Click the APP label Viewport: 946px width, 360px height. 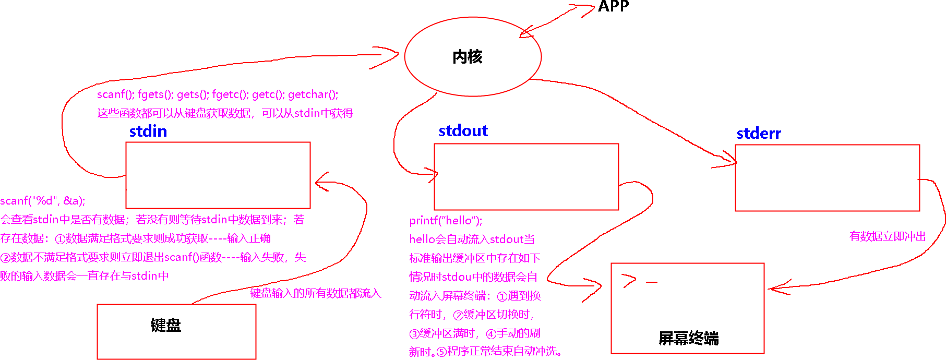point(613,6)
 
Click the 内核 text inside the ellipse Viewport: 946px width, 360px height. point(467,56)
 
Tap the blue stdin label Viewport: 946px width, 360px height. point(148,131)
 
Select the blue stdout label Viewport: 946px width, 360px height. point(463,130)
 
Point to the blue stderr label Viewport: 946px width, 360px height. point(758,134)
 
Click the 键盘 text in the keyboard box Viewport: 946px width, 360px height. point(165,325)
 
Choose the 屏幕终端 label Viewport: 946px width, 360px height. point(688,338)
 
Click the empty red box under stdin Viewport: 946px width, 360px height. point(218,175)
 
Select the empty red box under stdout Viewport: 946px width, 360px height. point(526,177)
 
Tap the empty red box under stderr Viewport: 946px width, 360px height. point(827,178)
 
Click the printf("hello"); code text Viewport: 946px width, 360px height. point(446,221)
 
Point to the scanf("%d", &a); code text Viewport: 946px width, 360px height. point(43,201)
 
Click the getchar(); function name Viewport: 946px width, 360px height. point(313,94)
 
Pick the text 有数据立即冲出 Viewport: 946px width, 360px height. point(887,236)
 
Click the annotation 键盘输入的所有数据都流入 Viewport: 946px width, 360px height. point(316,293)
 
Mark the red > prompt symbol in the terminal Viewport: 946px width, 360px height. point(629,281)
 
